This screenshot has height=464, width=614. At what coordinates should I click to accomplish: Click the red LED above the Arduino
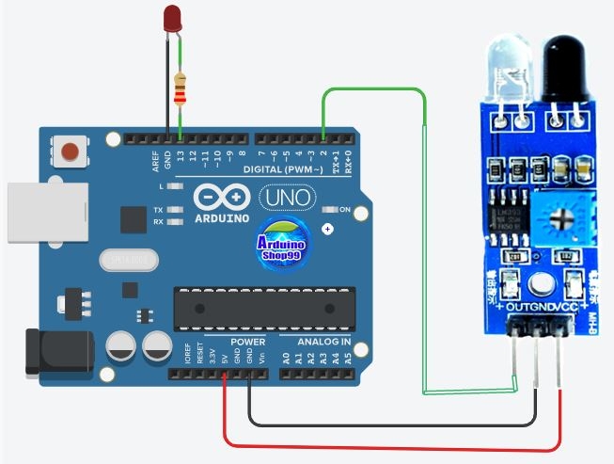(x=172, y=18)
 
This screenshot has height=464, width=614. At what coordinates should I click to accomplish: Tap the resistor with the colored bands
(x=180, y=88)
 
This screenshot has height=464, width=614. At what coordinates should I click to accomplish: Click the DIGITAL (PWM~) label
(x=283, y=169)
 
